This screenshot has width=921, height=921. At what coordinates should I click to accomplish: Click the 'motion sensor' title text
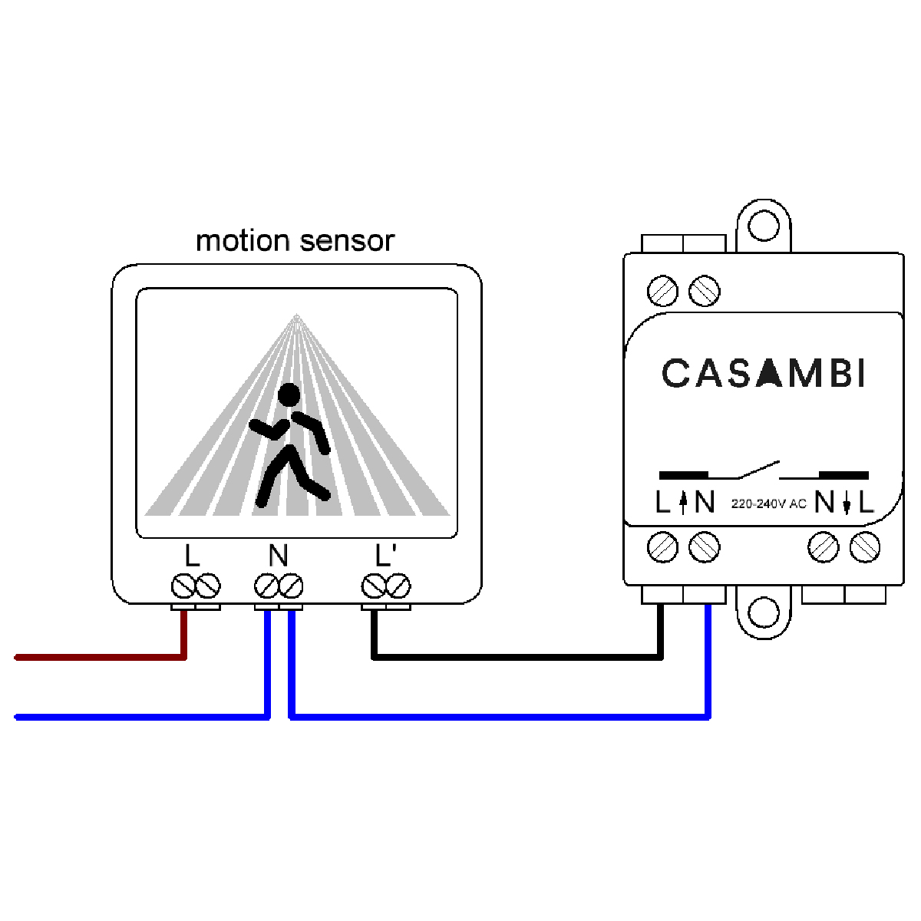click(x=295, y=241)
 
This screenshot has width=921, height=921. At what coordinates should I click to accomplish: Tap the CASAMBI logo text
click(x=764, y=374)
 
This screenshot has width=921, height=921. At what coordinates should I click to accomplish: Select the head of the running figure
click(x=289, y=395)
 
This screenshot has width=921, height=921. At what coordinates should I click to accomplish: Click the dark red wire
click(x=100, y=657)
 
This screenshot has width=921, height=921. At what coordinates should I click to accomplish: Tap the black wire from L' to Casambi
click(x=514, y=657)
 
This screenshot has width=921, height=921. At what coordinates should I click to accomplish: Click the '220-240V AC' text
click(x=768, y=504)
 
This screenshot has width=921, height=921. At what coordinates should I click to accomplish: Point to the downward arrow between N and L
click(x=847, y=503)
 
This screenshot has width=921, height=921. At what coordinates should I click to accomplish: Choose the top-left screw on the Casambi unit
click(x=662, y=291)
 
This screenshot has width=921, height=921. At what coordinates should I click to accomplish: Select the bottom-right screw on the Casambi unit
click(x=865, y=547)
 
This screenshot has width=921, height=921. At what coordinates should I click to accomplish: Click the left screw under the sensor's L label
click(x=183, y=587)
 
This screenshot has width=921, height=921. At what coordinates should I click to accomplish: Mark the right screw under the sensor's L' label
click(x=398, y=587)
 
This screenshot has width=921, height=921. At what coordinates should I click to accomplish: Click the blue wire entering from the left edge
click(x=138, y=717)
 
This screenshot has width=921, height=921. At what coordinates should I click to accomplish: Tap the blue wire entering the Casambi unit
click(x=708, y=660)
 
